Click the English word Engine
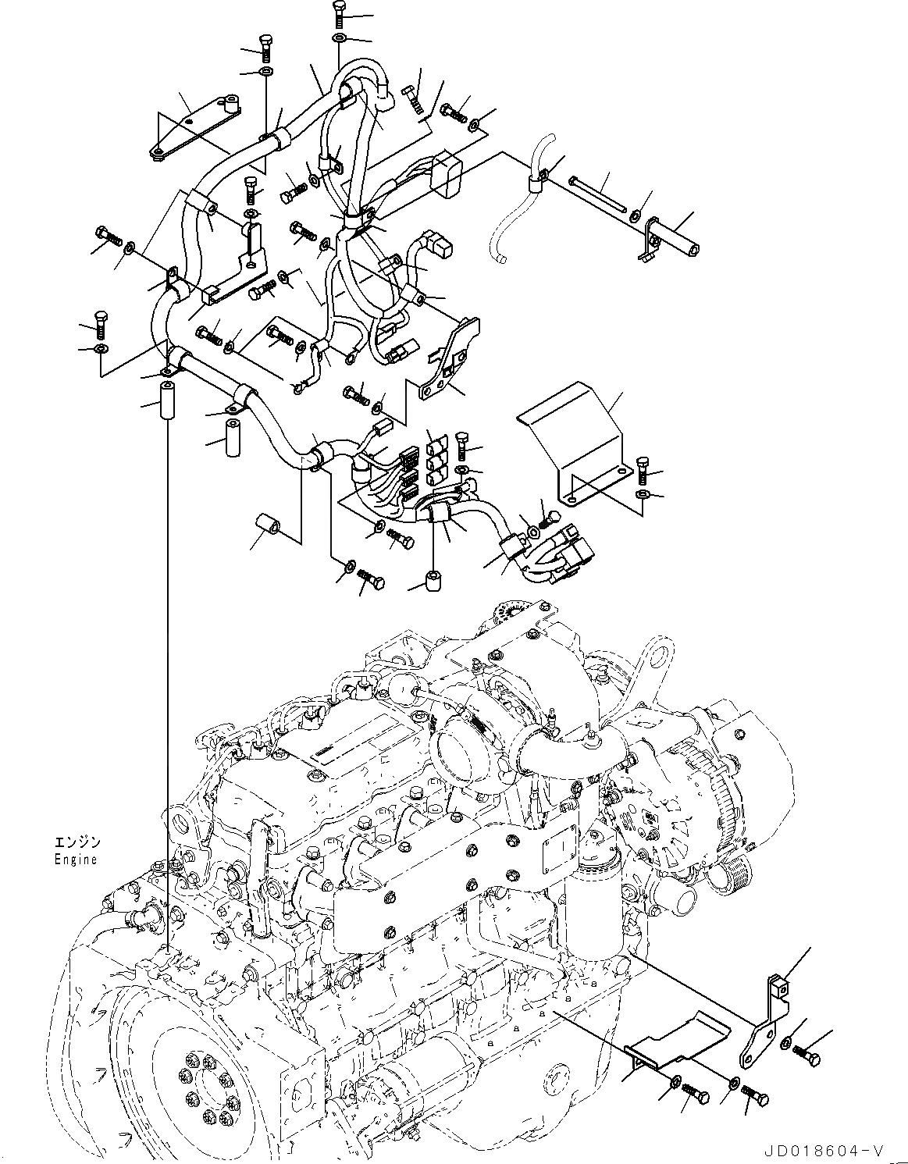tap(76, 860)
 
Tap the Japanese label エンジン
tap(77, 843)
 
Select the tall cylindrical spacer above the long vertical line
tap(167, 401)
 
